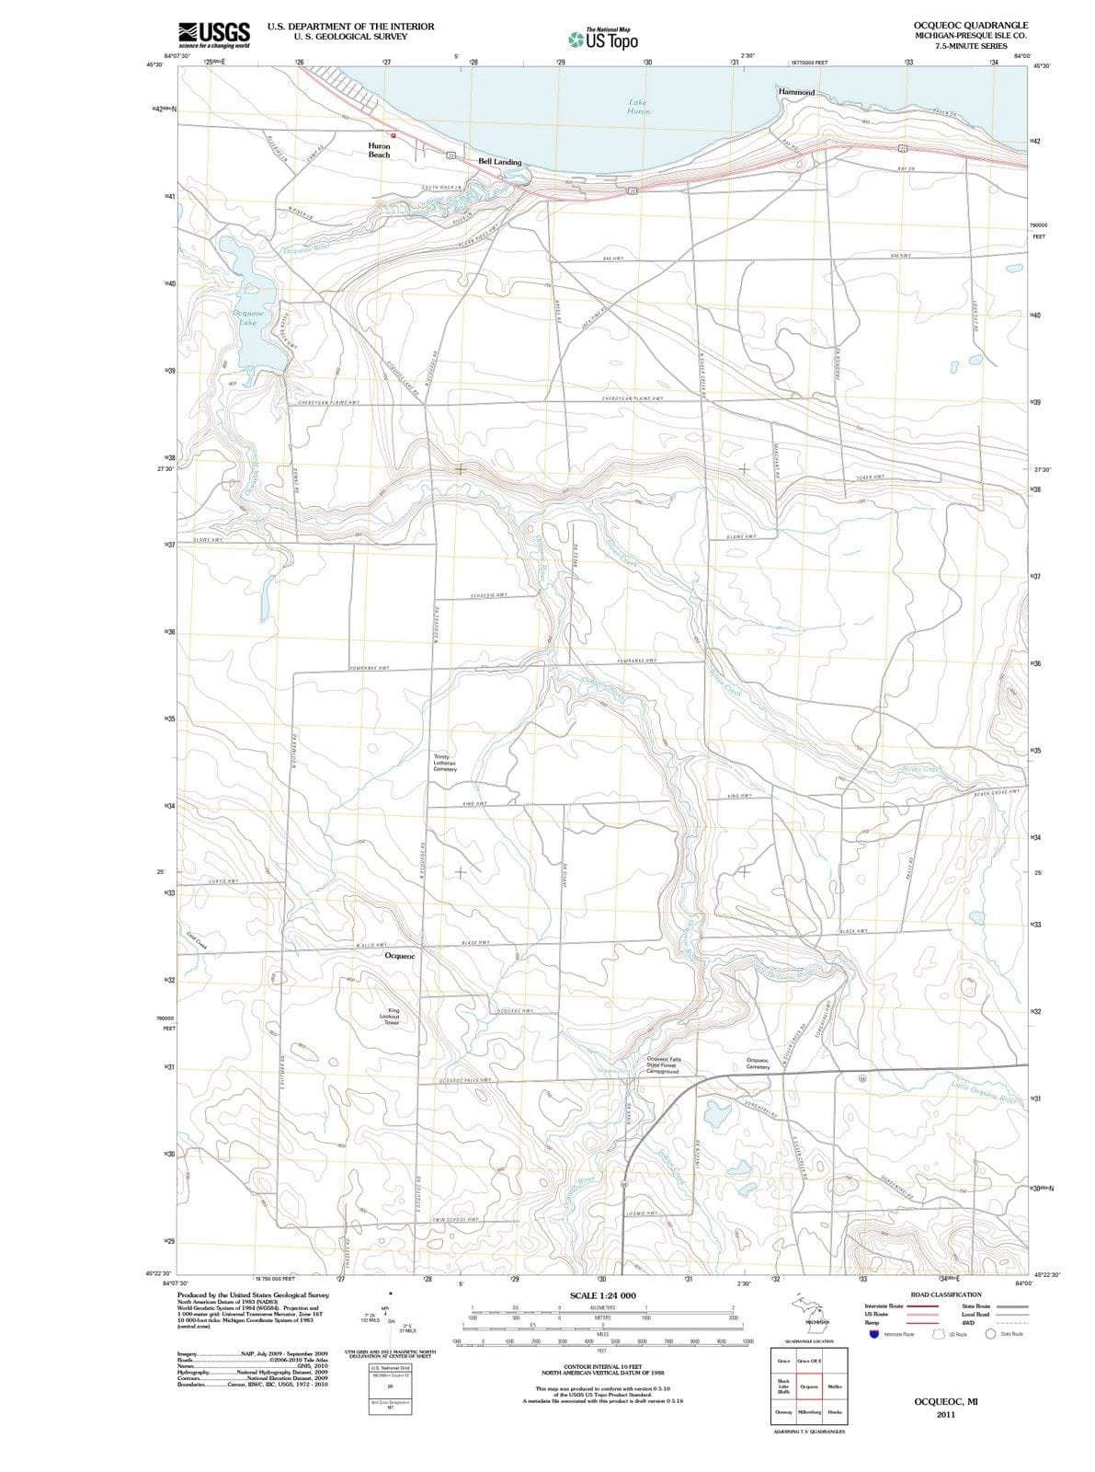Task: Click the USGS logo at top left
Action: click(213, 34)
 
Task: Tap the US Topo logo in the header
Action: click(603, 40)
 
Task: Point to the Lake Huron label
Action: click(638, 107)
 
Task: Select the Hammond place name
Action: click(796, 92)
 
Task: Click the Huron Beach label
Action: click(379, 150)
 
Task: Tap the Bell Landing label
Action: click(499, 162)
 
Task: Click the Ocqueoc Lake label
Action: click(247, 317)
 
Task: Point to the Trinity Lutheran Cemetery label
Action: click(444, 763)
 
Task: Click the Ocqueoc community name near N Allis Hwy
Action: click(400, 956)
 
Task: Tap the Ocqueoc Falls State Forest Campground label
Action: click(663, 1065)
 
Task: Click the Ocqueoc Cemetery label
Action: click(758, 1064)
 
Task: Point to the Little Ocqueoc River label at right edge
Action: click(988, 1091)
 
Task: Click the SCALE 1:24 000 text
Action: click(602, 1295)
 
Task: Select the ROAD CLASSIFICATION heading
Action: click(946, 1294)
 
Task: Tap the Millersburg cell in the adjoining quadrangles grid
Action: click(810, 1411)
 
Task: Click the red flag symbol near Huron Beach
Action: click(391, 136)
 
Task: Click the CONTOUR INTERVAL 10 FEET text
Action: click(602, 1366)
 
